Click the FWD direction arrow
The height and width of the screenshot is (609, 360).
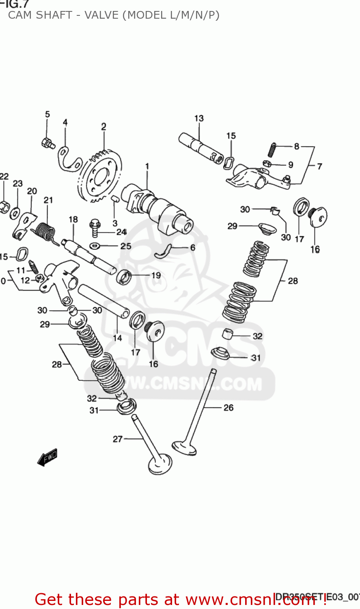click(47, 457)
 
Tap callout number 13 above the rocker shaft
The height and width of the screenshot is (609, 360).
click(199, 119)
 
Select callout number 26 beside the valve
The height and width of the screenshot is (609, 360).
click(229, 408)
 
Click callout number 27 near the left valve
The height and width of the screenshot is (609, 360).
click(118, 439)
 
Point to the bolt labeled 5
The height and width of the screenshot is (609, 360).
click(47, 143)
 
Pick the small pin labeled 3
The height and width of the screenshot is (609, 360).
click(114, 199)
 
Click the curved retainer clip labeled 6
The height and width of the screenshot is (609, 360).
click(163, 251)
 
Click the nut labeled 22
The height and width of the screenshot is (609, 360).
click(3, 206)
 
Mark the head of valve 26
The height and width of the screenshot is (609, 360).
click(184, 448)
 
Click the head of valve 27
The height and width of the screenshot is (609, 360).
click(160, 464)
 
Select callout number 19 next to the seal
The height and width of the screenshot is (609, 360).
click(156, 275)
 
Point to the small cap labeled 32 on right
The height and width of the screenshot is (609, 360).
click(229, 334)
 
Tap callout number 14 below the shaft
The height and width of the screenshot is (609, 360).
click(117, 338)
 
